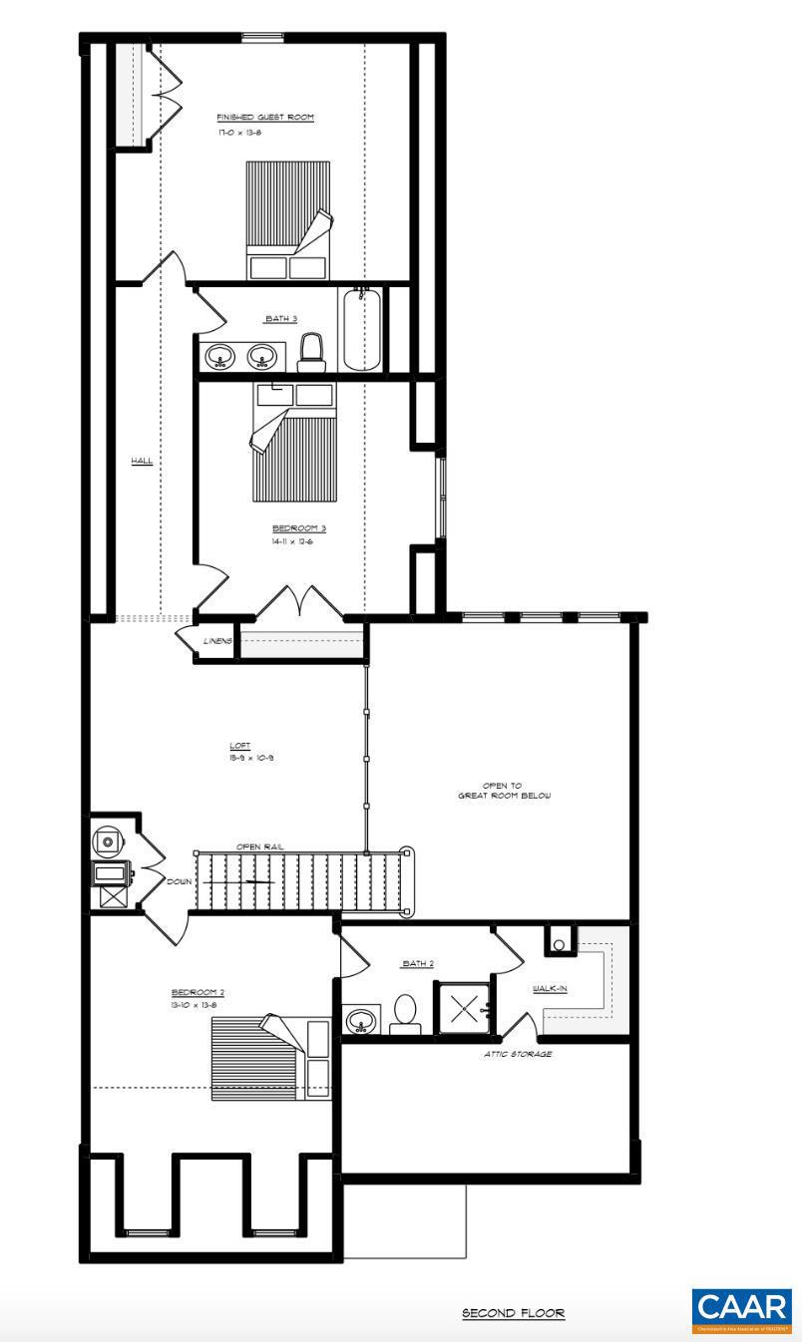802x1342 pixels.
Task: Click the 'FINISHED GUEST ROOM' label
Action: (x=265, y=117)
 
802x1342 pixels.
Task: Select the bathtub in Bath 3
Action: (x=361, y=329)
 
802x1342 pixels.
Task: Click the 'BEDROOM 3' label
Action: (x=299, y=527)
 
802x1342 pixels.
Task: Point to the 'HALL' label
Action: (x=142, y=461)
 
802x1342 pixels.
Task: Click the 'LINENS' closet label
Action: (x=216, y=640)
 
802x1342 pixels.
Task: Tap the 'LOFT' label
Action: (x=239, y=745)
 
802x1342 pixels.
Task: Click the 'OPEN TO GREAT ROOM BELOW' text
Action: (x=504, y=791)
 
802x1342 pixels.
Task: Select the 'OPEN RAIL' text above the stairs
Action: (x=259, y=846)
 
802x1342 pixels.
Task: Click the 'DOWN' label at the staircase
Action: (x=180, y=881)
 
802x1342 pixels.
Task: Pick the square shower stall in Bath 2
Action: (x=464, y=1008)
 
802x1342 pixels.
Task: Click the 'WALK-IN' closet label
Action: (x=551, y=987)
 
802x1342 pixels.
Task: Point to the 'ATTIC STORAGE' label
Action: (x=517, y=1054)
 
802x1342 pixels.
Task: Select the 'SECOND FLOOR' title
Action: (x=513, y=1313)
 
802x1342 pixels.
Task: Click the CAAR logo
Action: (x=742, y=1310)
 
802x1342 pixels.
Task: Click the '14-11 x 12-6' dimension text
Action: (x=298, y=542)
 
